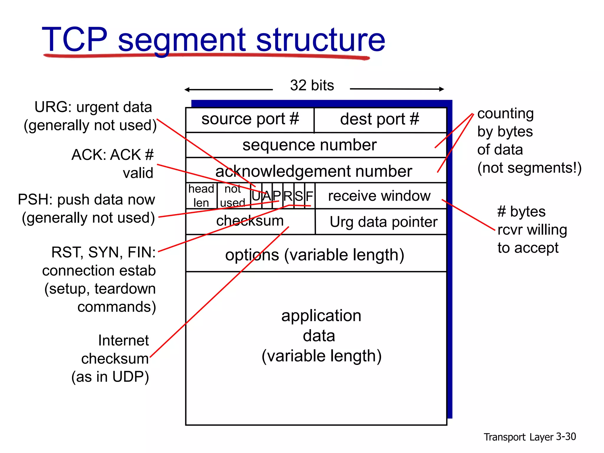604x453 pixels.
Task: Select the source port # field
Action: click(x=250, y=119)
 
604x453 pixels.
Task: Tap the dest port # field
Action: click(x=380, y=119)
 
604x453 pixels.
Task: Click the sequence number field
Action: click(x=309, y=145)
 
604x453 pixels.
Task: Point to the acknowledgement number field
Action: click(x=314, y=171)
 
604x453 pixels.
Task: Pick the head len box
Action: click(x=201, y=196)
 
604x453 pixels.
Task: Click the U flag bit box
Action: click(x=256, y=196)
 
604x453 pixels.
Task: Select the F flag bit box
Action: click(x=309, y=196)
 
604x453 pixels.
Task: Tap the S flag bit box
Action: click(x=299, y=196)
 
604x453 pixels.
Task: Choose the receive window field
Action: click(x=379, y=196)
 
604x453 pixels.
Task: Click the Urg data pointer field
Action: click(x=383, y=222)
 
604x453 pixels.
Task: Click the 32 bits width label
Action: click(x=312, y=86)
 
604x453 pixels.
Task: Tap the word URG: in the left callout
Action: click(x=53, y=107)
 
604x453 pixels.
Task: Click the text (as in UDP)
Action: click(x=110, y=377)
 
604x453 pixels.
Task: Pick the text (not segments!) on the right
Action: click(x=529, y=168)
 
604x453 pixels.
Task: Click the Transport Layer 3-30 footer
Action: click(x=529, y=437)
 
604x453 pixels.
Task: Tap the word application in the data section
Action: click(x=321, y=316)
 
